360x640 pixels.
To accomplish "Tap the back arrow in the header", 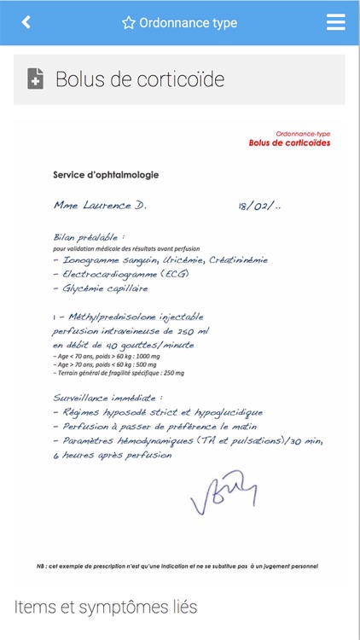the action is [x=26, y=23].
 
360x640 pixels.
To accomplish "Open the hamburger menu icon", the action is [x=336, y=23].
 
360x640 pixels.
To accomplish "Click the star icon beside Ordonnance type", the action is [x=129, y=23].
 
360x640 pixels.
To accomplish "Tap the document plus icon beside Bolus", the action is [x=36, y=79].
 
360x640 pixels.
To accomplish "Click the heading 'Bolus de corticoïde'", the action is [x=140, y=79].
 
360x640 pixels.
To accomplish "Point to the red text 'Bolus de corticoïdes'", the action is [x=289, y=143].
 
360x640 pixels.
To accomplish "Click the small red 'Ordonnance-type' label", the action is [x=303, y=134].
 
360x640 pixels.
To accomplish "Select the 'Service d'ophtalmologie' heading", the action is [x=106, y=175].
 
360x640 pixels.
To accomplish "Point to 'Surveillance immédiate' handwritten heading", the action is [x=107, y=397].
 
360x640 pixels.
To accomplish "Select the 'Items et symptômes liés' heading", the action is [x=106, y=608].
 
